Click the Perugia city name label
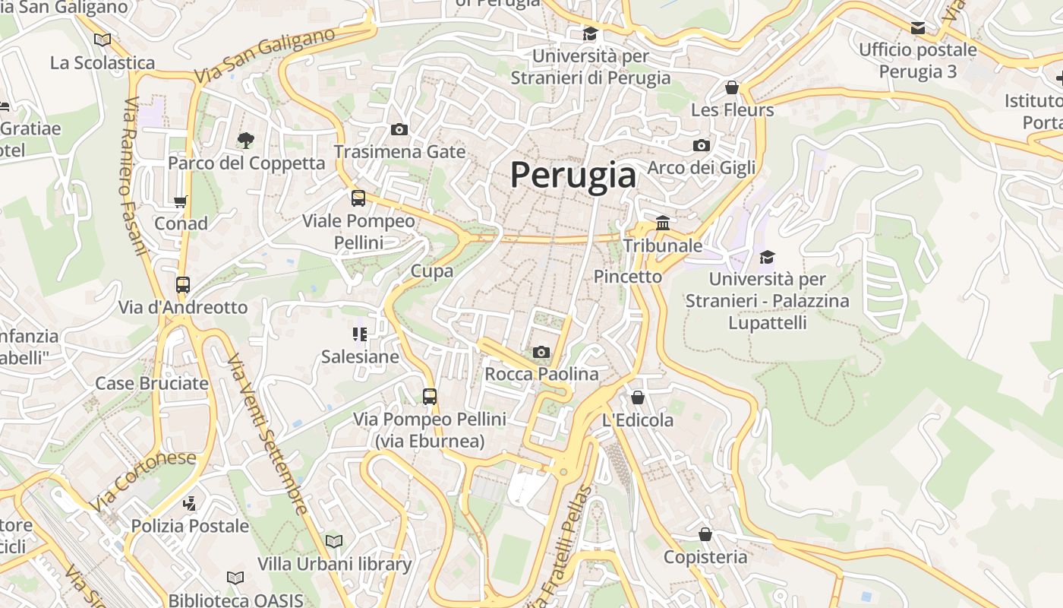[573, 175]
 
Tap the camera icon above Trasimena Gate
[399, 130]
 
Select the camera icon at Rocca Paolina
[541, 352]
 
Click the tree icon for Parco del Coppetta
[245, 140]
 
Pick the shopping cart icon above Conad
[181, 201]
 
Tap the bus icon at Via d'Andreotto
[183, 285]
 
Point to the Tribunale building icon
[663, 223]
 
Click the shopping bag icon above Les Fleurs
[732, 87]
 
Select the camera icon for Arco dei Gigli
[702, 145]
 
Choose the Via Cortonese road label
[143, 480]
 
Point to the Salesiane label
[360, 356]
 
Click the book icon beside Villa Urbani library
[334, 541]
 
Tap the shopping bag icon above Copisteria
[705, 534]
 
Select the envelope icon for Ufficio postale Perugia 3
[918, 28]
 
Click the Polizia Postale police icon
[190, 503]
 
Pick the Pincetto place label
[628, 277]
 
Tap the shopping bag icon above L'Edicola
[638, 397]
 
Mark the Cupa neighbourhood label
[432, 271]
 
